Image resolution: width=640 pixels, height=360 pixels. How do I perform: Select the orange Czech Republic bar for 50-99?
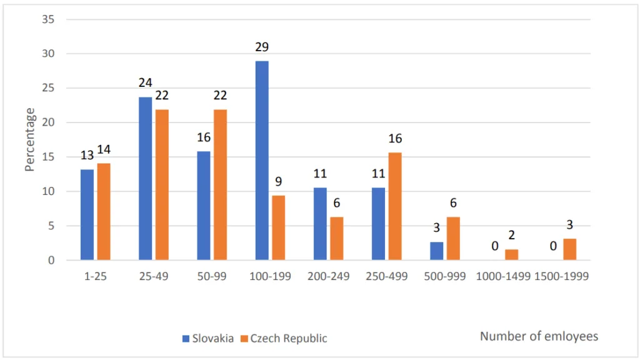pyautogui.click(x=220, y=185)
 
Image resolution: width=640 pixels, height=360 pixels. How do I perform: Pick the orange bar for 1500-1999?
pyautogui.click(x=569, y=249)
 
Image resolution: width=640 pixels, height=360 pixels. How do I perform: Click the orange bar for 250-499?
pyautogui.click(x=395, y=206)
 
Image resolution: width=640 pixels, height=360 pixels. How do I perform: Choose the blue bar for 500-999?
pyautogui.click(x=437, y=251)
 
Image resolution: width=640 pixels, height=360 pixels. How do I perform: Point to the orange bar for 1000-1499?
pyautogui.click(x=511, y=255)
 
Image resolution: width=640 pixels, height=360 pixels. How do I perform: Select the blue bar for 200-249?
pyautogui.click(x=320, y=224)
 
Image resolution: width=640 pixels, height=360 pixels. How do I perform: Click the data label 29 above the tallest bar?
pyautogui.click(x=262, y=47)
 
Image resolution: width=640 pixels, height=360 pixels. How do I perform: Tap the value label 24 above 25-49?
pyautogui.click(x=145, y=83)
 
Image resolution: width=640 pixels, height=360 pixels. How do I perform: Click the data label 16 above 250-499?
pyautogui.click(x=395, y=139)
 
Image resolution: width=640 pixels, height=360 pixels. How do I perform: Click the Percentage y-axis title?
pyautogui.click(x=29, y=139)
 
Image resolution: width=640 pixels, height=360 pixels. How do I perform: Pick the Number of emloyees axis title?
pyautogui.click(x=539, y=336)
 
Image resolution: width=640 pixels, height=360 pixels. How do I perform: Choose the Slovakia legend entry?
pyautogui.click(x=209, y=338)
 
